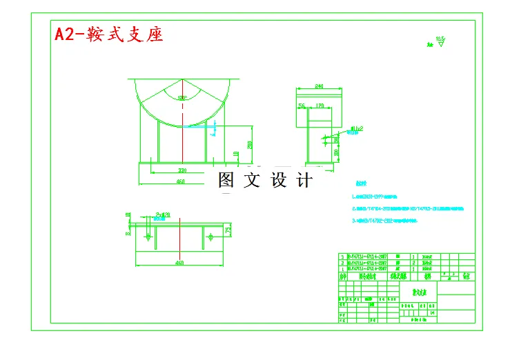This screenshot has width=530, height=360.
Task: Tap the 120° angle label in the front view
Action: (182, 98)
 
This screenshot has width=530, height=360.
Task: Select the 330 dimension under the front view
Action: (182, 170)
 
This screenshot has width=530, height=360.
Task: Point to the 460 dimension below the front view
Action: (180, 181)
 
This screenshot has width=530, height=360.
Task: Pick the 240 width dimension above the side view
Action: (319, 86)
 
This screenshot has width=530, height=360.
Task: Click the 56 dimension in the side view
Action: (302, 106)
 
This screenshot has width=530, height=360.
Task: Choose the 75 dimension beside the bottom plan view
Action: (228, 230)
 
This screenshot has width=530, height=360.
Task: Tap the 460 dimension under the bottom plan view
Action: (180, 263)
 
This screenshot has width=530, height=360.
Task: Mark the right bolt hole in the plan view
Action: (209, 237)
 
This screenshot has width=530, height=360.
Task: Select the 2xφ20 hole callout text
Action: (163, 215)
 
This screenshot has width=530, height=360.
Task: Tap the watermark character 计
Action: (304, 181)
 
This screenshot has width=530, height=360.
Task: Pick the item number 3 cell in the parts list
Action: (342, 256)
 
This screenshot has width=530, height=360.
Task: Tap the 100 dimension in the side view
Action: (336, 152)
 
